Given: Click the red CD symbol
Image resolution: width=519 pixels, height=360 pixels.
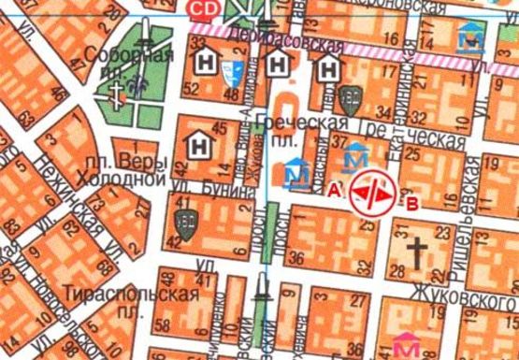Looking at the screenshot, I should point(200,8).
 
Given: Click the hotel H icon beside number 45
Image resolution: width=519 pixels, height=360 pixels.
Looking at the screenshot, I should point(199,145).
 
